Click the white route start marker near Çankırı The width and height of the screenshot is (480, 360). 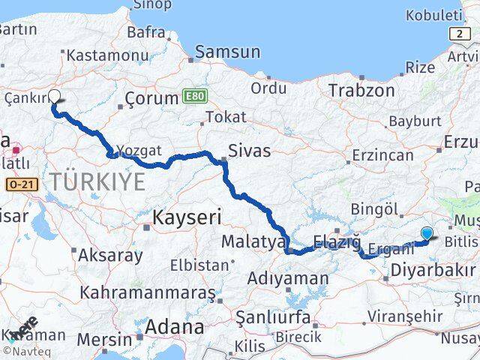(55, 96)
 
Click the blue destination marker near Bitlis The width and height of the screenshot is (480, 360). (427, 233)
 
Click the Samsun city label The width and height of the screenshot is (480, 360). (227, 52)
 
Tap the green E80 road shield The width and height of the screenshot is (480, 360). (192, 97)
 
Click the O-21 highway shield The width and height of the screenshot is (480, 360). (20, 184)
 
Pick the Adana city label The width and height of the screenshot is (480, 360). (175, 328)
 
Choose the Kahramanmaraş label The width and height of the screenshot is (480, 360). (148, 291)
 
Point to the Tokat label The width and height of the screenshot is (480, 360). (225, 117)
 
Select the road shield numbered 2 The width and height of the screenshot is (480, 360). (457, 34)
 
